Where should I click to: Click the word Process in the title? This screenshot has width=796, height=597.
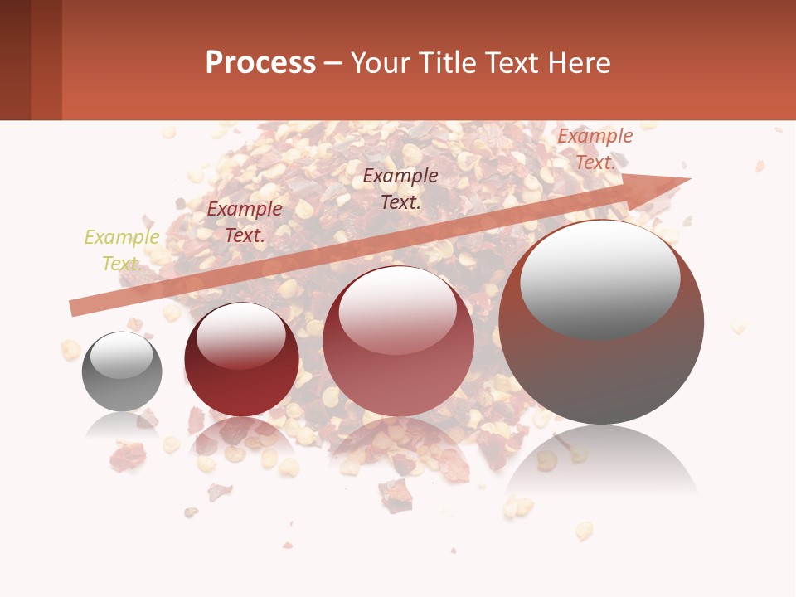coord(260,63)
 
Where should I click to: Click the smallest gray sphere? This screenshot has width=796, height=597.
coord(122,371)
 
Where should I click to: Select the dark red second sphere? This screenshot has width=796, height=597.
coord(241,359)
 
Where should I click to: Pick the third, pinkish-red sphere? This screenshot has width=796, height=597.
coord(398,341)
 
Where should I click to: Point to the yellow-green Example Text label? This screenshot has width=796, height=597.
coord(122,250)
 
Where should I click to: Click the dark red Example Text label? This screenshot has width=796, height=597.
coord(244,222)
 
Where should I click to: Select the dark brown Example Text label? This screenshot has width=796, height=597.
coord(400,188)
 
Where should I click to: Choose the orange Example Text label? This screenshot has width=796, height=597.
coord(595,149)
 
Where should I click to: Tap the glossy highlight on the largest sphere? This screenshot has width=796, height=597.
coord(599,278)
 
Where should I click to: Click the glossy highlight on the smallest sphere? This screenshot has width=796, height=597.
coord(121,355)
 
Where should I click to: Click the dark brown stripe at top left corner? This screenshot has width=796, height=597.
coord(15,60)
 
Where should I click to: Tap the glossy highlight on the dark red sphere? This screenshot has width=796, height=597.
coord(240,335)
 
